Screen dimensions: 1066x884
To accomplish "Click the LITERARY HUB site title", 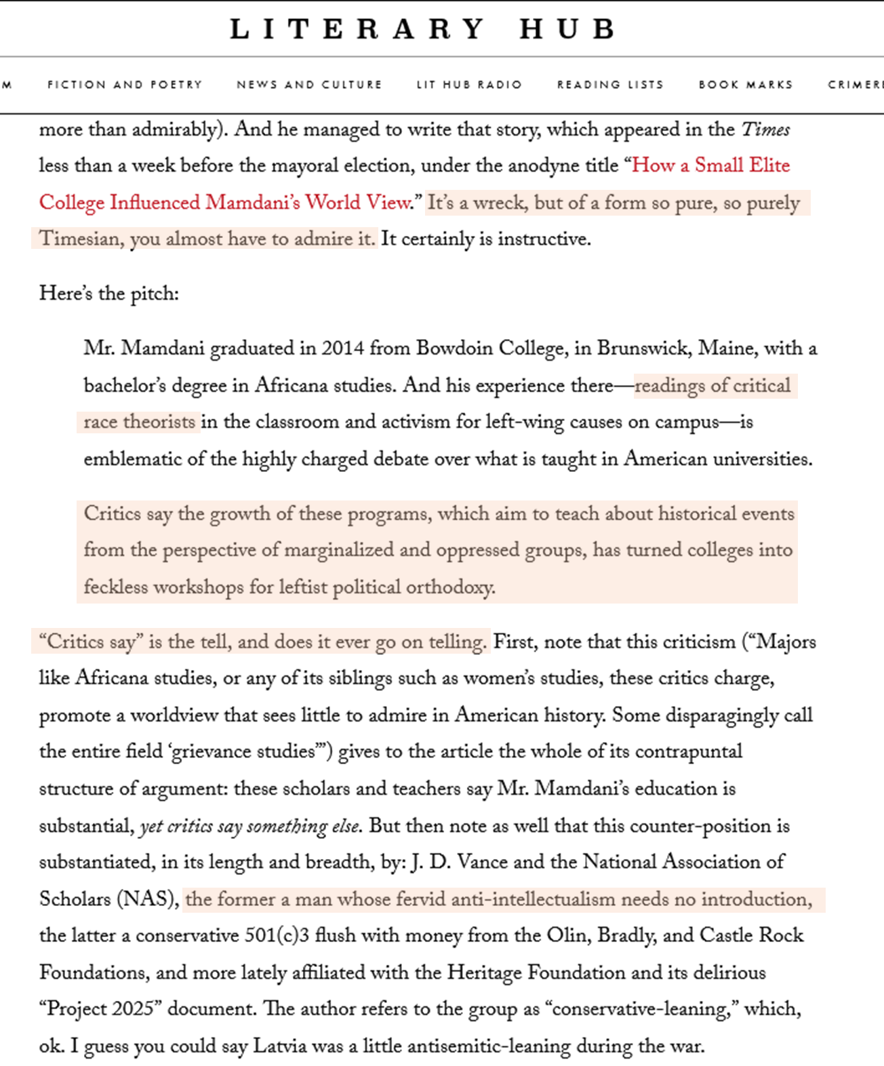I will pyautogui.click(x=423, y=29).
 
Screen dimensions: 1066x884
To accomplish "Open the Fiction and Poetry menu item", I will pyautogui.click(x=125, y=85).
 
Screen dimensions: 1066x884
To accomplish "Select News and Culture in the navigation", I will pyautogui.click(x=309, y=85).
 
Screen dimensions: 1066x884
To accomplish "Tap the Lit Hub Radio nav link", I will pyautogui.click(x=469, y=85).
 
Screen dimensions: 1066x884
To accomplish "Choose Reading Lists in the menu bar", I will pyautogui.click(x=610, y=85).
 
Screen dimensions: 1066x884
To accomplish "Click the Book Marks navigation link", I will pyautogui.click(x=746, y=85).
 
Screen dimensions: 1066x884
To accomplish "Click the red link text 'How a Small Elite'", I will pyautogui.click(x=710, y=165).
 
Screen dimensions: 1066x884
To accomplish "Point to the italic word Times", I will pyautogui.click(x=765, y=130).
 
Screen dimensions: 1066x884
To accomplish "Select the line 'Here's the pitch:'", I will pyautogui.click(x=109, y=294).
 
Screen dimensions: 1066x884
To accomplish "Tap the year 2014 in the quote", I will pyautogui.click(x=343, y=349).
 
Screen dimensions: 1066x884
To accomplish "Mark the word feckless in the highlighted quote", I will pyautogui.click(x=115, y=587).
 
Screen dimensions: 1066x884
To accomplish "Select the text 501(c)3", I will pyautogui.click(x=277, y=936).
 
